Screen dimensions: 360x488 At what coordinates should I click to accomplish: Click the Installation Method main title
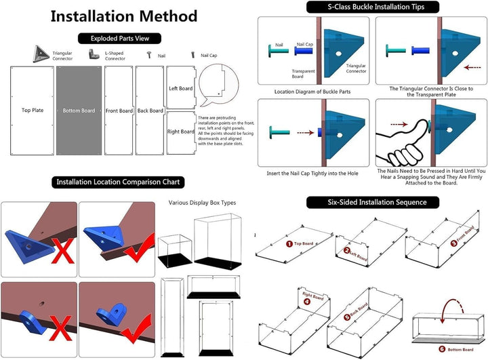click(x=124, y=16)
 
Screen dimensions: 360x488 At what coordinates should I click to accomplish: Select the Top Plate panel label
click(x=32, y=110)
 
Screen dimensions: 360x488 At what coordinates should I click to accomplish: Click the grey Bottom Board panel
click(x=79, y=111)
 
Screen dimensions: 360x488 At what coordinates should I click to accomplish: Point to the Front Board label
click(x=119, y=111)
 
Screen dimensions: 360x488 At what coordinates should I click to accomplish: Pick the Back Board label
click(x=150, y=111)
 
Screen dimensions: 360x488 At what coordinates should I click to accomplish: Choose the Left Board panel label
click(x=181, y=88)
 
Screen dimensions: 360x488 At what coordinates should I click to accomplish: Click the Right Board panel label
click(x=181, y=132)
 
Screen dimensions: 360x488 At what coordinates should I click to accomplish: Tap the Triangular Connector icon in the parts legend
click(x=42, y=53)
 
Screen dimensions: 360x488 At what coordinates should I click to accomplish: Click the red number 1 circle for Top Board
click(x=289, y=243)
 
